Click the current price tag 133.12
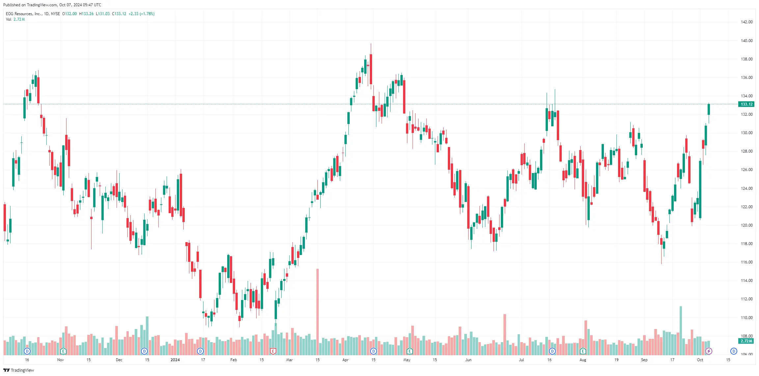pyautogui.click(x=746, y=104)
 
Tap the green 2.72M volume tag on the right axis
pyautogui.click(x=746, y=341)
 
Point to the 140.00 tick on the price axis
pyautogui.click(x=746, y=41)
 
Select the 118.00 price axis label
pyautogui.click(x=746, y=244)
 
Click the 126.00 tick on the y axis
pyautogui.click(x=746, y=170)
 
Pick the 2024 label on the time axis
pyautogui.click(x=175, y=360)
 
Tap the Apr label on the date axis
pyautogui.click(x=345, y=360)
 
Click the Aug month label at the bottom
pyautogui.click(x=583, y=360)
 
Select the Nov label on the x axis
pyautogui.click(x=60, y=360)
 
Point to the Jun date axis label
pyautogui.click(x=468, y=360)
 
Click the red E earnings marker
pyautogui.click(x=273, y=351)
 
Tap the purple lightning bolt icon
pyautogui.click(x=709, y=351)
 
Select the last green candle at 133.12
pyautogui.click(x=709, y=109)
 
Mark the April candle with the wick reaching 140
pyautogui.click(x=371, y=69)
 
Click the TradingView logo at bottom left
pyautogui.click(x=19, y=370)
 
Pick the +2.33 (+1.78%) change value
pyautogui.click(x=141, y=14)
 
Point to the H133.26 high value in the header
pyautogui.click(x=86, y=14)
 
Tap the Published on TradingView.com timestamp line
pyautogui.click(x=52, y=5)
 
